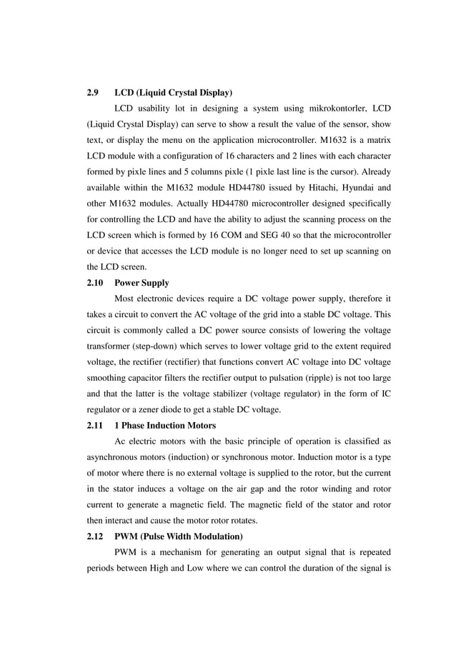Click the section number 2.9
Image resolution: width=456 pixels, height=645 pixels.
(x=92, y=93)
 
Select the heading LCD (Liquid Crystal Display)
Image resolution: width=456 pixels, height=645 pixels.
(x=173, y=93)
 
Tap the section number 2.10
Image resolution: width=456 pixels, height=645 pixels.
(x=94, y=283)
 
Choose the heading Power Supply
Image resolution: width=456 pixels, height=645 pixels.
(x=142, y=283)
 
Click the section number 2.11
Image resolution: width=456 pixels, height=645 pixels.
(x=94, y=425)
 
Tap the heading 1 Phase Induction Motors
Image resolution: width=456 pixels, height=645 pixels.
(x=165, y=425)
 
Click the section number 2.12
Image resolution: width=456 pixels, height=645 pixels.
(x=94, y=536)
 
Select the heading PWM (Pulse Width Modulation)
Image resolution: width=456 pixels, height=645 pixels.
(x=178, y=536)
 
